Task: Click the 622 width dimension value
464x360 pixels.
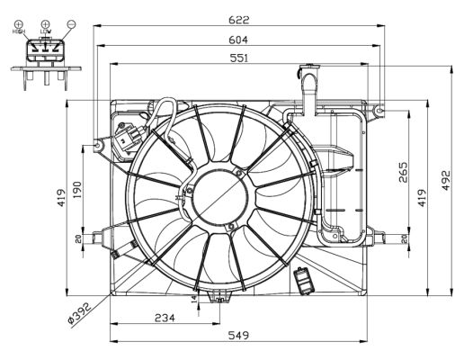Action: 238,19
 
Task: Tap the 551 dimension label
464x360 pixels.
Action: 238,58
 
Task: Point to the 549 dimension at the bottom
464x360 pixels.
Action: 237,335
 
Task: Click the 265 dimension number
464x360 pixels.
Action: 403,170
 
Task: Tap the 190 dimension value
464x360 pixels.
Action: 80,192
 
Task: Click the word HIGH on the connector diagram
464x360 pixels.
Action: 18,31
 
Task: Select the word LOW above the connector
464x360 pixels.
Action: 45,31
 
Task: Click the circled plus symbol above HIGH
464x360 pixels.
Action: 18,22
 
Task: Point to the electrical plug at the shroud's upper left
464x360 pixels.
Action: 128,139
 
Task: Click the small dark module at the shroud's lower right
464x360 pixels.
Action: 303,281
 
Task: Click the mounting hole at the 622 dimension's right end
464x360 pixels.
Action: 380,110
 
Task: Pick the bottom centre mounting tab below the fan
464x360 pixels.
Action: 219,294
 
